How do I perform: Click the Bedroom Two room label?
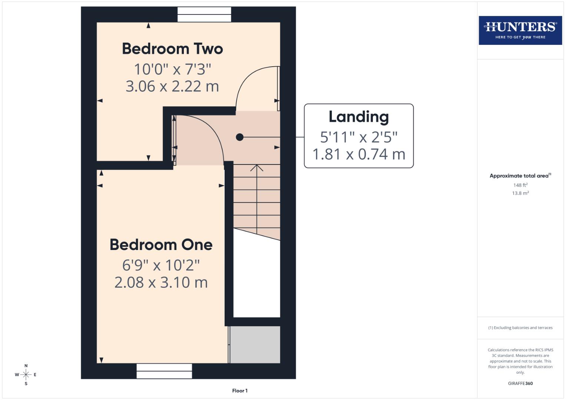tap(172, 49)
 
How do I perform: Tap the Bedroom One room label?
tap(161, 245)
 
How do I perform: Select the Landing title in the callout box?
tap(358, 117)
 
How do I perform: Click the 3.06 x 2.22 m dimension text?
tap(172, 86)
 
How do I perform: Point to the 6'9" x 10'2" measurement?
tap(161, 265)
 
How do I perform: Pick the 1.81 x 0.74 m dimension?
tap(358, 154)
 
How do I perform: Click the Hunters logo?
tap(520, 30)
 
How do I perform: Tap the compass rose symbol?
tap(26, 374)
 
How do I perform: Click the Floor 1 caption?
tap(240, 390)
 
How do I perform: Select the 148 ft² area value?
tap(520, 185)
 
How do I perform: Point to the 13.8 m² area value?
tap(520, 193)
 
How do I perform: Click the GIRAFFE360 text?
tap(520, 383)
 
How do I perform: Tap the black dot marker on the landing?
tap(240, 137)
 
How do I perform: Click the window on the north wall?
tap(204, 14)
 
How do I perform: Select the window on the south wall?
tap(164, 371)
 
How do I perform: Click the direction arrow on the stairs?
tap(256, 169)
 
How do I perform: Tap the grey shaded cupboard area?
tap(255, 344)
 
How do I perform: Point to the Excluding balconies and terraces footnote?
tap(520, 328)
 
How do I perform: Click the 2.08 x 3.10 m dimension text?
tap(161, 283)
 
